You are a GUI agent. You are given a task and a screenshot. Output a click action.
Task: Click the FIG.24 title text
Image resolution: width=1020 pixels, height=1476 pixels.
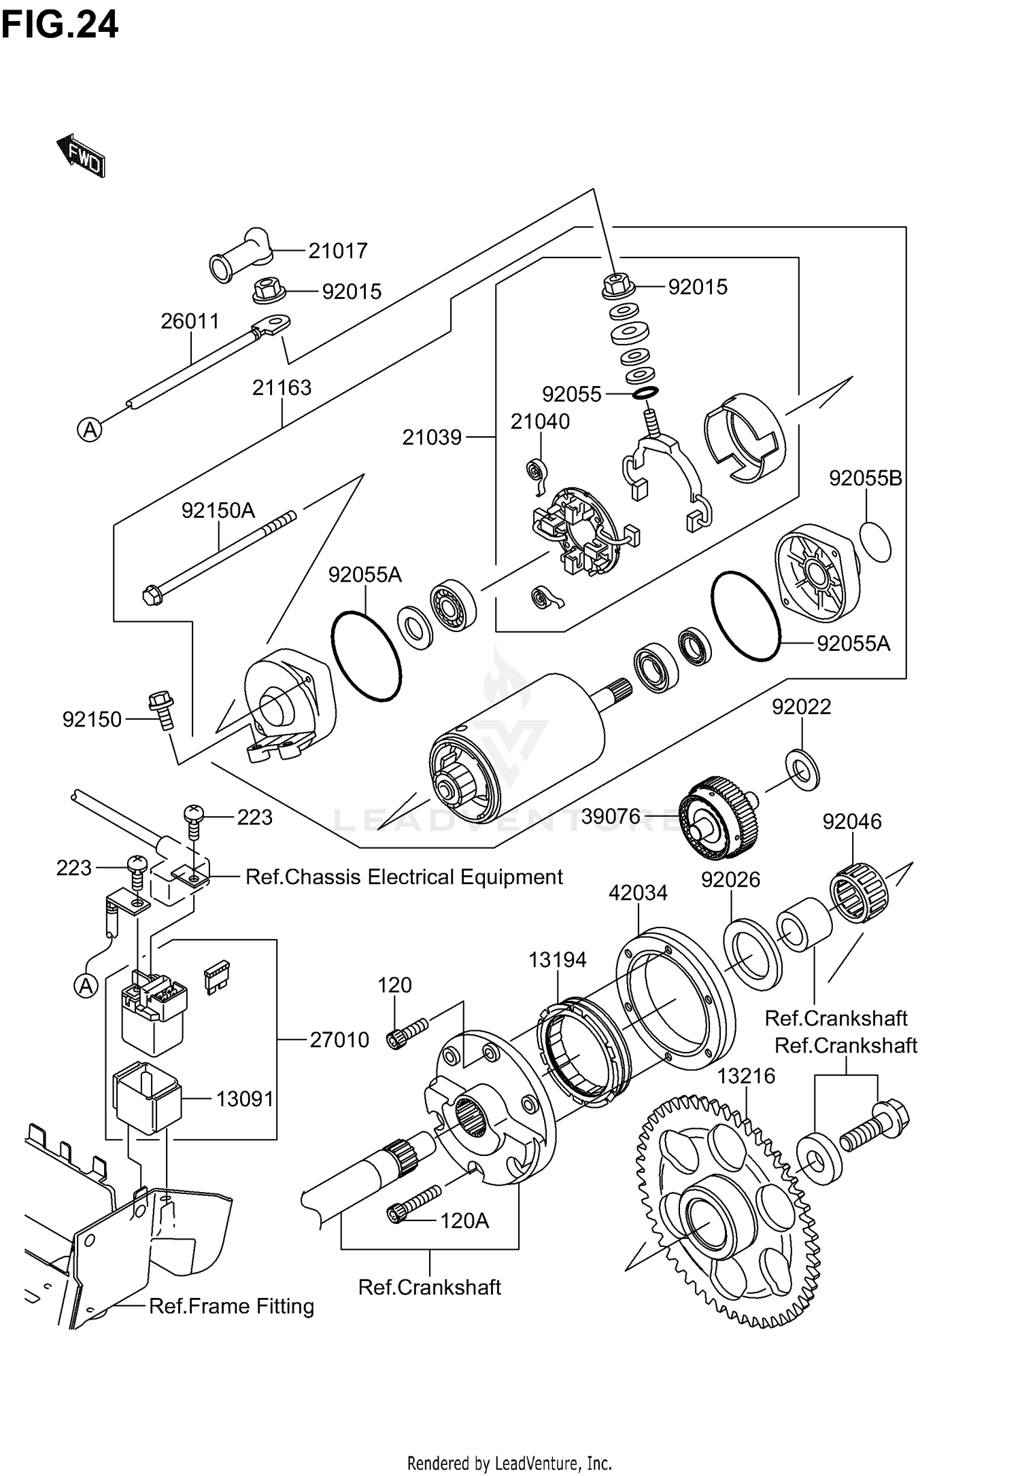point(60,24)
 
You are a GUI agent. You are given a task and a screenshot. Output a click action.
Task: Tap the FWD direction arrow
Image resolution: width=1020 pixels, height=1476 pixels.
point(81,156)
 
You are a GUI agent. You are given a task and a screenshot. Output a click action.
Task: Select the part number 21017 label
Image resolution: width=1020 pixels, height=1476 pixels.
point(338,251)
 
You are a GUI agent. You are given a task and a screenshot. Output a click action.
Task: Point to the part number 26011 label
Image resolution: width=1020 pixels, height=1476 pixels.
point(190,321)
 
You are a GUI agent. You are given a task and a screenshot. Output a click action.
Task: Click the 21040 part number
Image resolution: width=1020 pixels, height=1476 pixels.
point(540,421)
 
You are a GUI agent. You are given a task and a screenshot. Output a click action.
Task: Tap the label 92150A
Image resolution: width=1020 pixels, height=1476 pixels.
point(218,510)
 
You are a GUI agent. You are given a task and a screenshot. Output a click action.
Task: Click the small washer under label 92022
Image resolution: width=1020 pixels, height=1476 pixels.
point(802,771)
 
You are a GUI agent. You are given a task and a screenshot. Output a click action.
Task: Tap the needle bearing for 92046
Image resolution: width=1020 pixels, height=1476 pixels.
point(860,892)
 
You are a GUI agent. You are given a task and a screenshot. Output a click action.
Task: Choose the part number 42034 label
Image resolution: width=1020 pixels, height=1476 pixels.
point(638,892)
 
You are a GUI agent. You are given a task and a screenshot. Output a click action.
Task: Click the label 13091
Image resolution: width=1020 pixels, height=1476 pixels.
point(245,1099)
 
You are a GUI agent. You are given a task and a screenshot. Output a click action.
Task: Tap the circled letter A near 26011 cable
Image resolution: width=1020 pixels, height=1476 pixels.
point(90,429)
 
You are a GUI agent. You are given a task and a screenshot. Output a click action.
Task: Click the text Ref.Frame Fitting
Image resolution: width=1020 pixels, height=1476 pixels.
point(231,1306)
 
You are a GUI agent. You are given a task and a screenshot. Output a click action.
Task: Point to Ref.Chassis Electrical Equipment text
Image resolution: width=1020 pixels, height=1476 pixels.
point(404,877)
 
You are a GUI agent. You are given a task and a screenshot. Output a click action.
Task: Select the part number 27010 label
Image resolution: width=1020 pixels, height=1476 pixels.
point(339,1040)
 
